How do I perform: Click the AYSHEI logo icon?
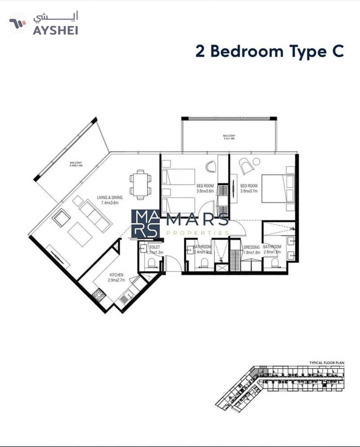click(x=17, y=23)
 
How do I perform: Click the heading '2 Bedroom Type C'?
click(x=269, y=51)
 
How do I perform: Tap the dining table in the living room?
click(x=140, y=185)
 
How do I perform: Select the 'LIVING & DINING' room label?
click(x=110, y=200)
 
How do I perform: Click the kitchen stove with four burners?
click(x=99, y=296)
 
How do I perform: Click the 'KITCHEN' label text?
click(x=116, y=277)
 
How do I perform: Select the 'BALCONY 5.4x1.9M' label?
click(x=229, y=137)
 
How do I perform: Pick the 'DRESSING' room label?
click(x=251, y=247)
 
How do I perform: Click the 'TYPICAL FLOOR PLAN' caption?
click(x=327, y=363)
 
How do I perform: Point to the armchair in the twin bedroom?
click(x=211, y=166)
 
